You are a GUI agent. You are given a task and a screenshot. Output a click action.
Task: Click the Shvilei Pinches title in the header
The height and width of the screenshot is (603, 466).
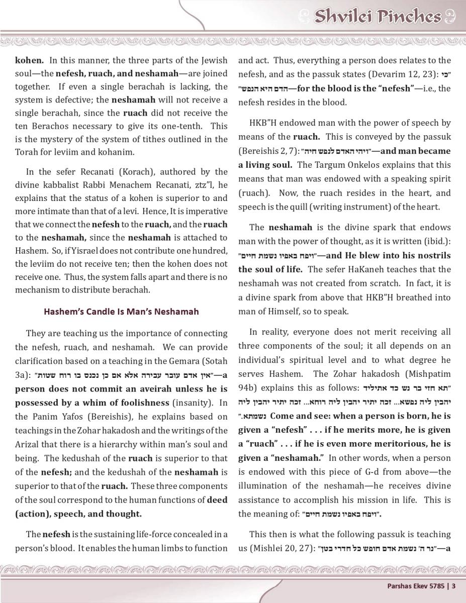377,17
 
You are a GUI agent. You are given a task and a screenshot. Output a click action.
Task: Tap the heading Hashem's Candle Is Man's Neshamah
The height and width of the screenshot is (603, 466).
121,312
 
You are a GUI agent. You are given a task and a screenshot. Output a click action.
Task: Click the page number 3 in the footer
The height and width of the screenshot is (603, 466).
454,585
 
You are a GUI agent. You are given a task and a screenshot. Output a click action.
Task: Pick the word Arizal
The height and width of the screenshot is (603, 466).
29,444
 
